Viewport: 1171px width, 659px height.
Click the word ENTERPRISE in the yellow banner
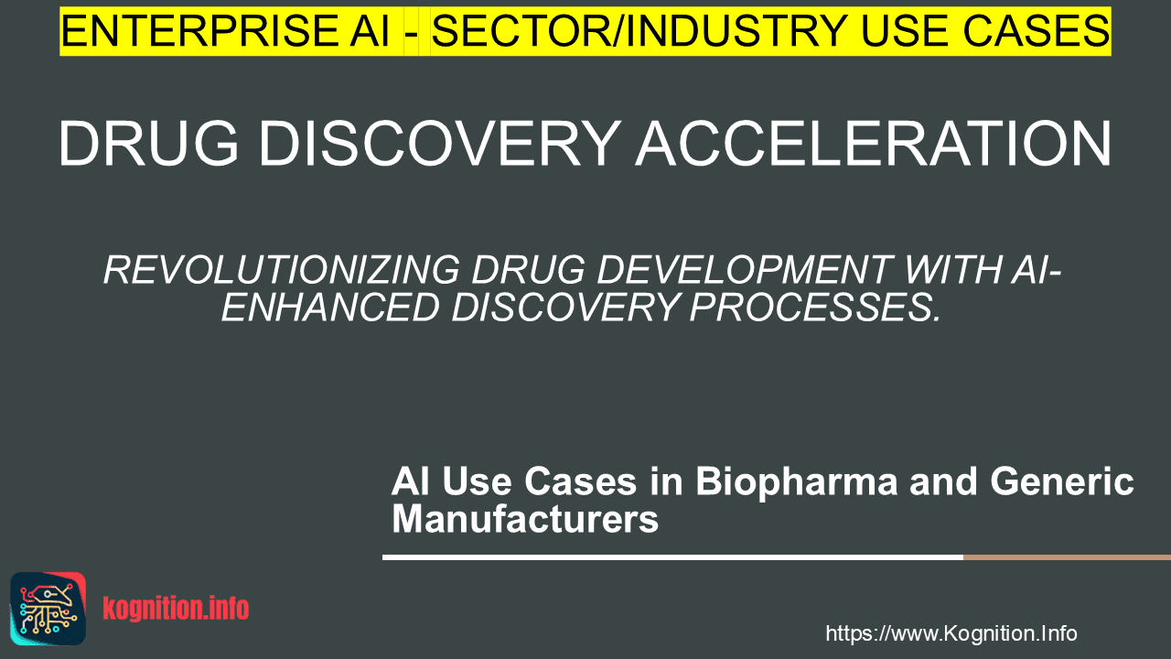point(198,31)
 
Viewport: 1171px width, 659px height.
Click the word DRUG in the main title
point(148,144)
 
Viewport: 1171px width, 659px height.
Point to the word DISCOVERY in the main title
point(440,144)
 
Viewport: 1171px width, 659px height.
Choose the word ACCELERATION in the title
point(874,144)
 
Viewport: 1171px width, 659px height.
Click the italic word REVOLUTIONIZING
point(282,270)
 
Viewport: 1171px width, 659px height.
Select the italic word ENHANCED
point(330,308)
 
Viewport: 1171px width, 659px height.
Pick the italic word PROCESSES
point(814,308)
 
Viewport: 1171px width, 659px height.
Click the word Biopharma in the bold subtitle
point(796,482)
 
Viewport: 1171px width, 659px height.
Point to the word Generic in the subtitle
point(1062,481)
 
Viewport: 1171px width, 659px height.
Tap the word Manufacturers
point(525,519)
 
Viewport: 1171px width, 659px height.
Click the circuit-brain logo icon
point(48,609)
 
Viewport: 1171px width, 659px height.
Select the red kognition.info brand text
point(176,609)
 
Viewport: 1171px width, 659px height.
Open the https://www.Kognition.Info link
point(951,633)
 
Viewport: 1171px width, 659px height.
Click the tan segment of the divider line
point(1067,557)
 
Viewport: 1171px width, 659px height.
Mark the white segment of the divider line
point(672,557)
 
